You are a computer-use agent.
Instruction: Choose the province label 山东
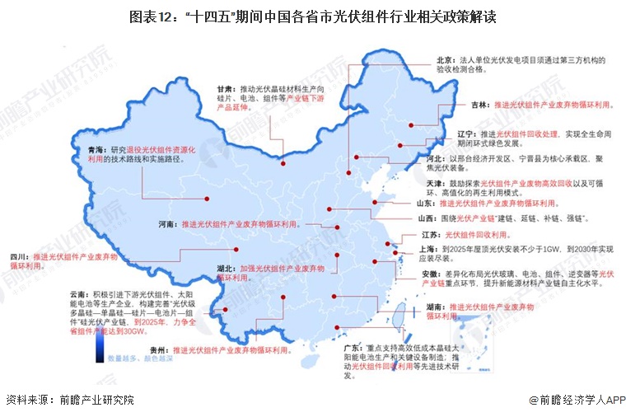pyautogui.click(x=427, y=202)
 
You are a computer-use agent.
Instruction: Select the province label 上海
pyautogui.click(x=428, y=249)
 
